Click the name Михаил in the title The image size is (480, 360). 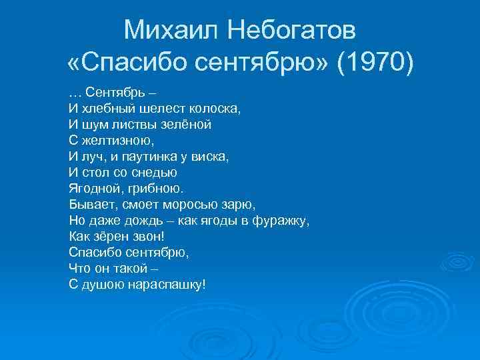pos(168,30)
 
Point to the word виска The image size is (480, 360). pos(214,156)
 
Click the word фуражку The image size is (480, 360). pos(280,220)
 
